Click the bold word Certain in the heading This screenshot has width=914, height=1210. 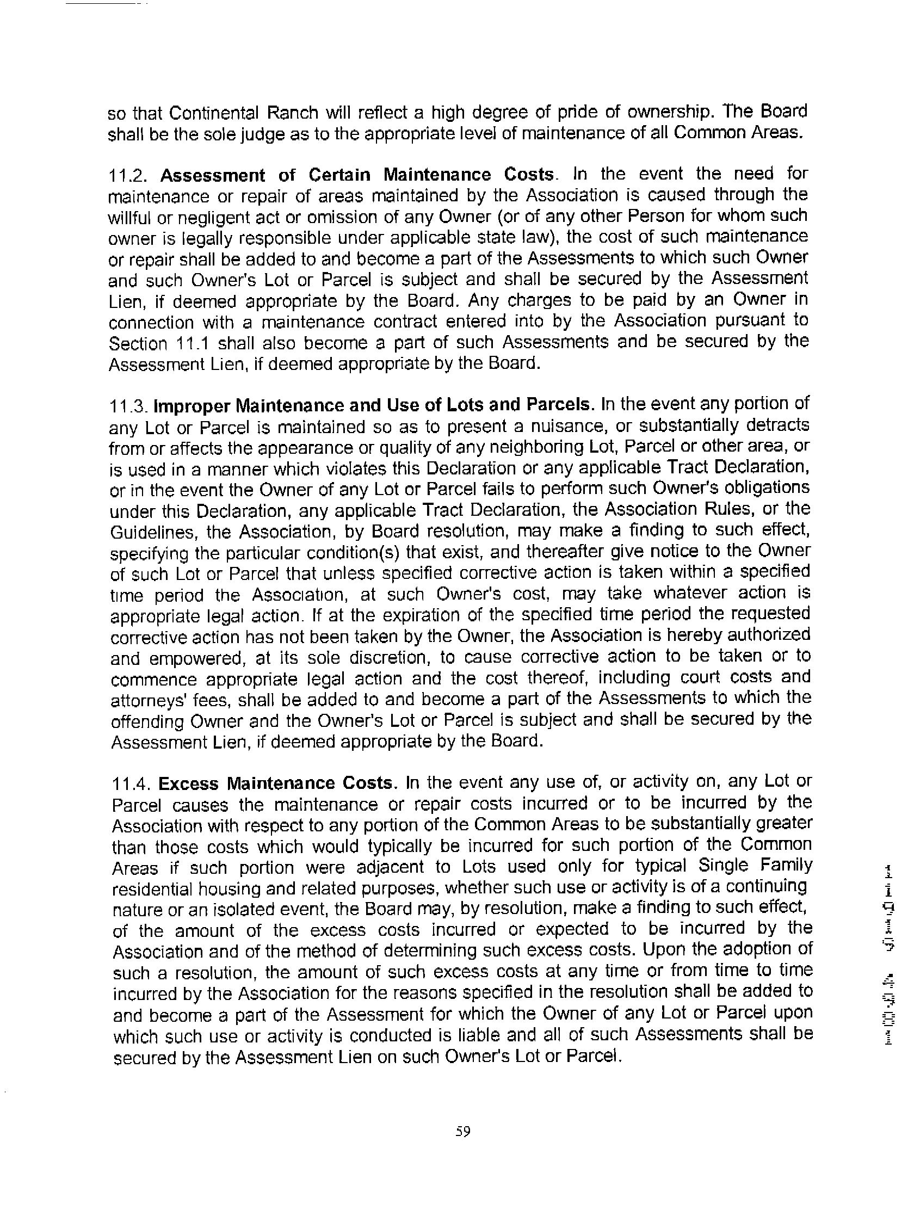(338, 175)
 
